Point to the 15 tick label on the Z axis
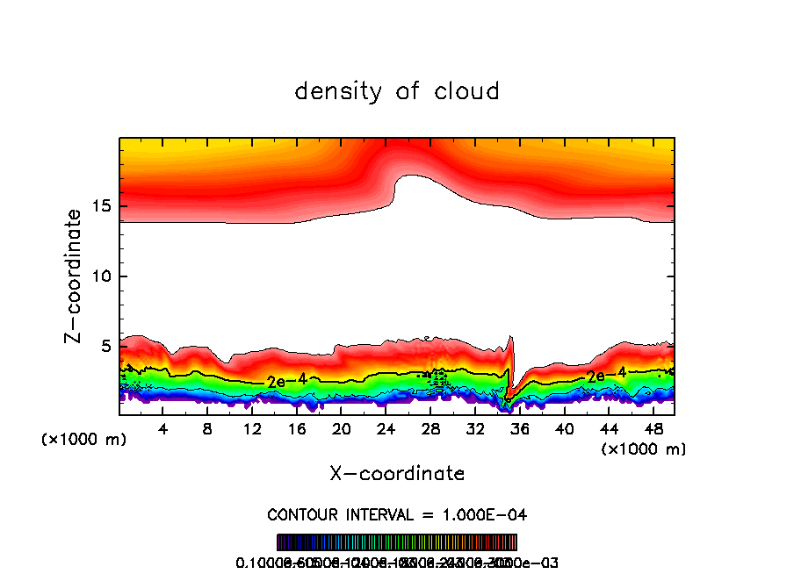[x=98, y=206]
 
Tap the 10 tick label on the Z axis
[x=98, y=276]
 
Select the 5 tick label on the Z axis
[x=103, y=347]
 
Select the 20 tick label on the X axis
[x=341, y=429]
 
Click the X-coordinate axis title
[x=397, y=474]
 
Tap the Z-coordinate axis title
[x=74, y=275]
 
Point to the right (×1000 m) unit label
[x=644, y=449]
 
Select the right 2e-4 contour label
[x=607, y=375]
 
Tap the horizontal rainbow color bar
[x=397, y=542]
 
